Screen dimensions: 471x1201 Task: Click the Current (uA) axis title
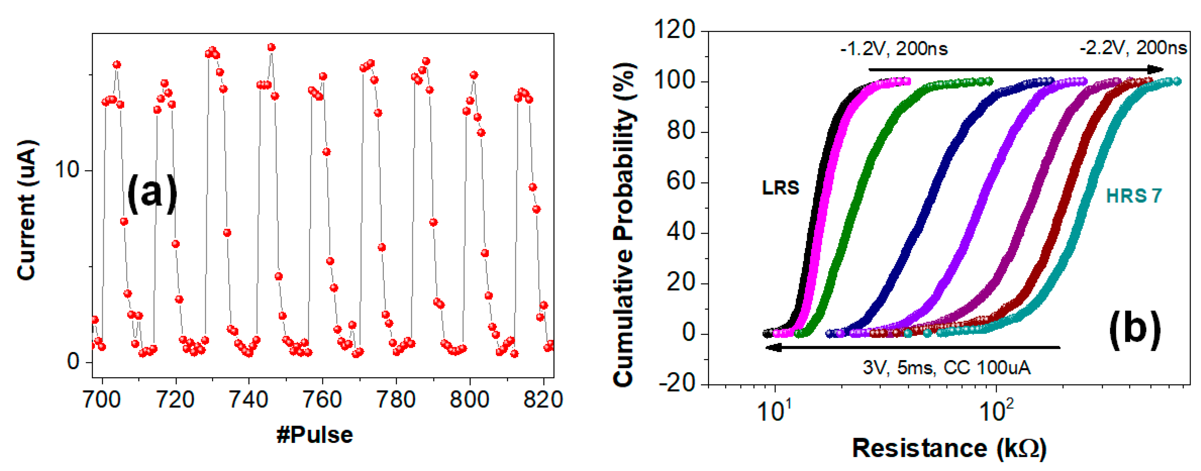pyautogui.click(x=27, y=210)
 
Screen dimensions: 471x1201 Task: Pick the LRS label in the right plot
pyautogui.click(x=780, y=188)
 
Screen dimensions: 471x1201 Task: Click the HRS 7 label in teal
pyautogui.click(x=1134, y=196)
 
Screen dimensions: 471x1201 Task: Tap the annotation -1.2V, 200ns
pyautogui.click(x=894, y=49)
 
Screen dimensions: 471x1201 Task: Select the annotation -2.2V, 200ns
pyautogui.click(x=1133, y=48)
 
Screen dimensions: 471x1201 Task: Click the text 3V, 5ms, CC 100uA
pyautogui.click(x=947, y=368)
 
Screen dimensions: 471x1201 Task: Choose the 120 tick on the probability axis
pyautogui.click(x=675, y=30)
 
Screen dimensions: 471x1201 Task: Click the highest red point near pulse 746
pyautogui.click(x=271, y=47)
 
